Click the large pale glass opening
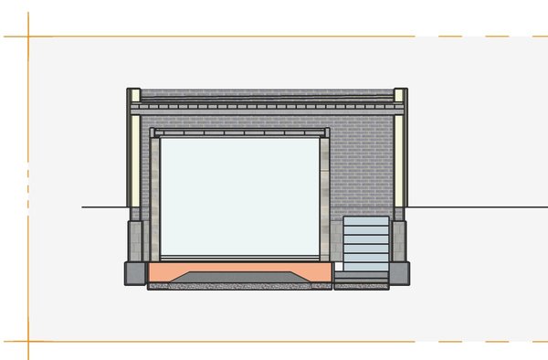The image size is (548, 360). click(x=239, y=196)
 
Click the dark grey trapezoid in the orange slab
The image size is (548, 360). click(x=240, y=273)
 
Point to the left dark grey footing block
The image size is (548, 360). click(x=135, y=271)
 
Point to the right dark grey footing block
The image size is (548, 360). click(x=399, y=271)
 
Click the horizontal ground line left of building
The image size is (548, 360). click(x=103, y=207)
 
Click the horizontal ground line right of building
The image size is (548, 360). click(x=475, y=207)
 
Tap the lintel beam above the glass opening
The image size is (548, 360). click(x=239, y=132)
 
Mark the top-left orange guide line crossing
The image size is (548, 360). click(x=28, y=37)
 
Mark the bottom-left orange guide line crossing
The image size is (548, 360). click(x=28, y=343)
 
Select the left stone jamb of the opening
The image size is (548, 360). click(x=154, y=196)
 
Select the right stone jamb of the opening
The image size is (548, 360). click(x=324, y=196)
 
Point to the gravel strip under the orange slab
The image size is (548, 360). click(x=239, y=286)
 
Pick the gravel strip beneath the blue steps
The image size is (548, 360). click(x=362, y=286)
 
